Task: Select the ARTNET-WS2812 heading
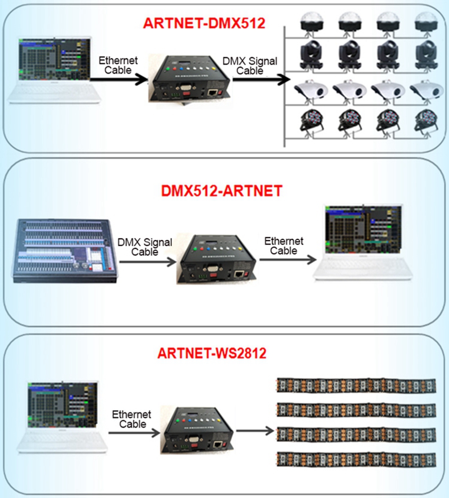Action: (212, 353)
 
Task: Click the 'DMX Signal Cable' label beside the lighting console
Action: (145, 247)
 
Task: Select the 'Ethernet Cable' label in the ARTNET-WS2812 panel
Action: (132, 419)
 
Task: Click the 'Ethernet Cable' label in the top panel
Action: (118, 65)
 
